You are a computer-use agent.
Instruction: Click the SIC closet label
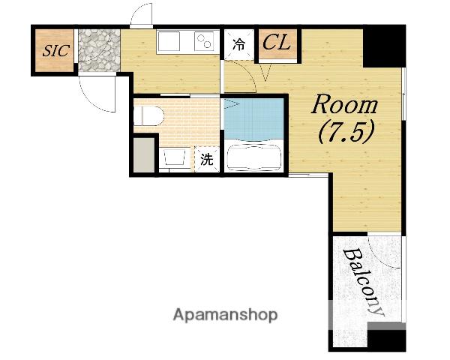(56, 51)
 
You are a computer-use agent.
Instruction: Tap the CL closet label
(277, 43)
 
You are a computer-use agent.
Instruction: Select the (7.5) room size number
(346, 131)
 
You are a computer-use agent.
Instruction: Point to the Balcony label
(364, 282)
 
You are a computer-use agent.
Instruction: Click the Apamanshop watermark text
(225, 315)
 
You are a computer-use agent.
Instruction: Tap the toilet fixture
(148, 115)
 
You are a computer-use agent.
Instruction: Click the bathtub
(253, 157)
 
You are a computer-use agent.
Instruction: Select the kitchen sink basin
(169, 41)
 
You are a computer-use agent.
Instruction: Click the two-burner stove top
(204, 41)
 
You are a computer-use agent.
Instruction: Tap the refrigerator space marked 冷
(239, 44)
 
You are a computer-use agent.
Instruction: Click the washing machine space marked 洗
(207, 159)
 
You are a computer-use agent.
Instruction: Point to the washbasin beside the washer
(175, 157)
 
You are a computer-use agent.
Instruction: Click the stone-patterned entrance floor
(99, 50)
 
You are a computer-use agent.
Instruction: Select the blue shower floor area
(253, 119)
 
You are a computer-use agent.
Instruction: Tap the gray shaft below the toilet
(144, 155)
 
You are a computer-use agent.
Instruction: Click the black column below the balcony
(386, 340)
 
